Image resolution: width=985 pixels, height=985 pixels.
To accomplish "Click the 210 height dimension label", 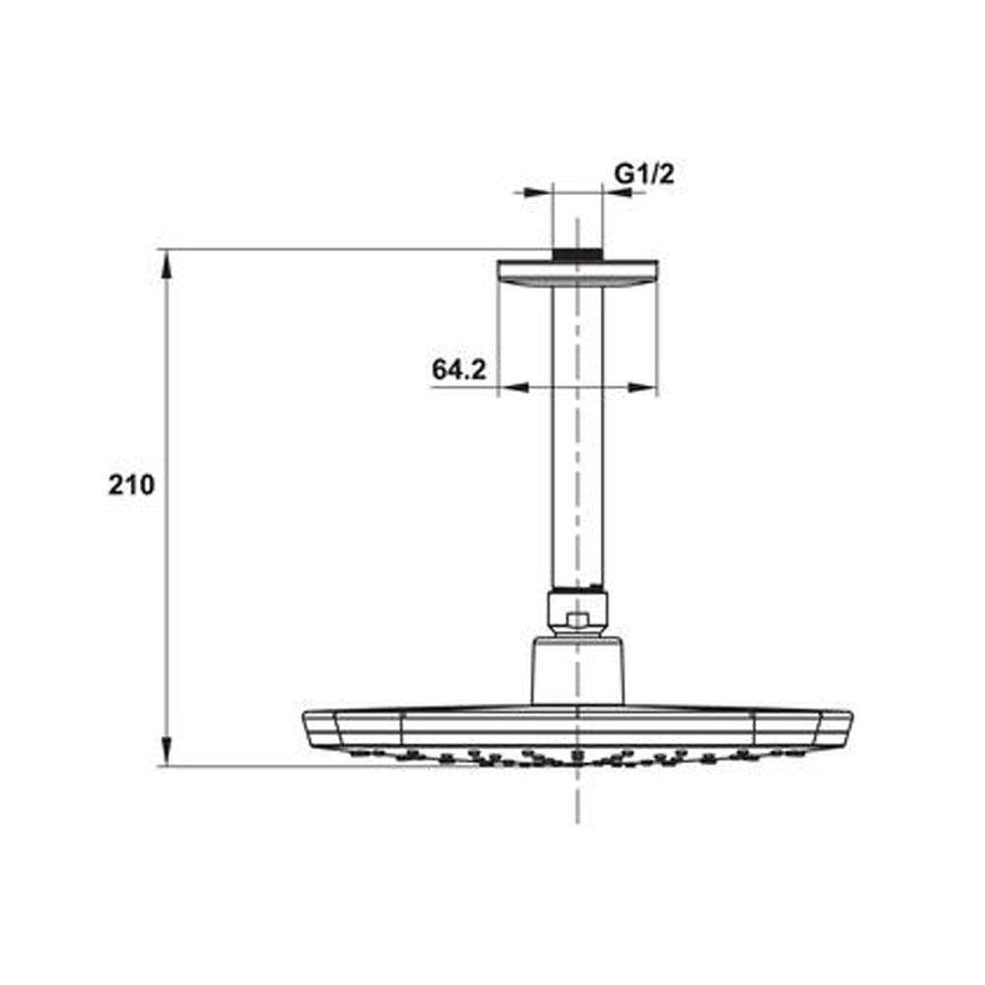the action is tap(131, 485).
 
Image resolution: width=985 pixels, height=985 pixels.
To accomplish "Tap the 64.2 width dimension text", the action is tap(459, 369).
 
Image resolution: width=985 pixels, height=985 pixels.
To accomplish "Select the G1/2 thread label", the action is tap(644, 173).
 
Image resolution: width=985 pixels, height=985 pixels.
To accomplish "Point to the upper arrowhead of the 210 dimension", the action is tap(166, 265).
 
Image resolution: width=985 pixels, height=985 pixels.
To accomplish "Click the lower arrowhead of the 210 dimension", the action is tap(166, 751).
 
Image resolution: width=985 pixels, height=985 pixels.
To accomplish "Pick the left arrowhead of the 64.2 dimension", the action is tap(514, 387).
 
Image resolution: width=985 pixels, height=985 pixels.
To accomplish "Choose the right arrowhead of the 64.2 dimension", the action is tap(642, 387).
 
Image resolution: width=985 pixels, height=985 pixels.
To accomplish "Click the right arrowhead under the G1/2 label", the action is tap(617, 192).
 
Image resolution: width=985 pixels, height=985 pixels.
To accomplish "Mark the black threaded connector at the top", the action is tap(577, 254).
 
